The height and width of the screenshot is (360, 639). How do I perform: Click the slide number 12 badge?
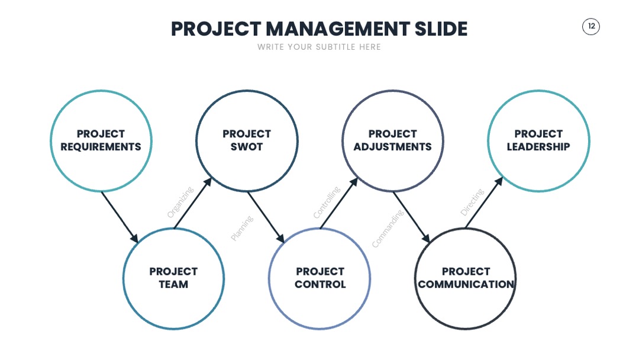pos(590,27)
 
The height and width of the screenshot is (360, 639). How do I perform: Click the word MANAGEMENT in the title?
pos(338,29)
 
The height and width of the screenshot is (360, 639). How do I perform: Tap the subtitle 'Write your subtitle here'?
pos(319,47)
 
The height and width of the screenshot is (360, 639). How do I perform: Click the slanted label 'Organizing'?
pos(180,202)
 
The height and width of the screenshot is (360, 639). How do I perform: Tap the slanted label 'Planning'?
pos(242,229)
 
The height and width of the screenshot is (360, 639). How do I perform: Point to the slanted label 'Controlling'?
pos(327,202)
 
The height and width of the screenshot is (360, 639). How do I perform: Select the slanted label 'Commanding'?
pos(388,229)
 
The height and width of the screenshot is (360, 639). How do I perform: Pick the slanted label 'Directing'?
pos(472,202)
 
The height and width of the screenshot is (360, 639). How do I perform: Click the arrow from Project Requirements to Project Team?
pos(120,217)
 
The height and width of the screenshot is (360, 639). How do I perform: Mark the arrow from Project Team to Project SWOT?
pos(193,203)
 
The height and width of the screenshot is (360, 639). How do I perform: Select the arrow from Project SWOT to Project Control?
pos(266,217)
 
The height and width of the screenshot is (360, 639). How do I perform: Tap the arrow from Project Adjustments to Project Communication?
pos(412,217)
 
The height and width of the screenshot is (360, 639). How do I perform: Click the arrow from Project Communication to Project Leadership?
pos(484,202)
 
